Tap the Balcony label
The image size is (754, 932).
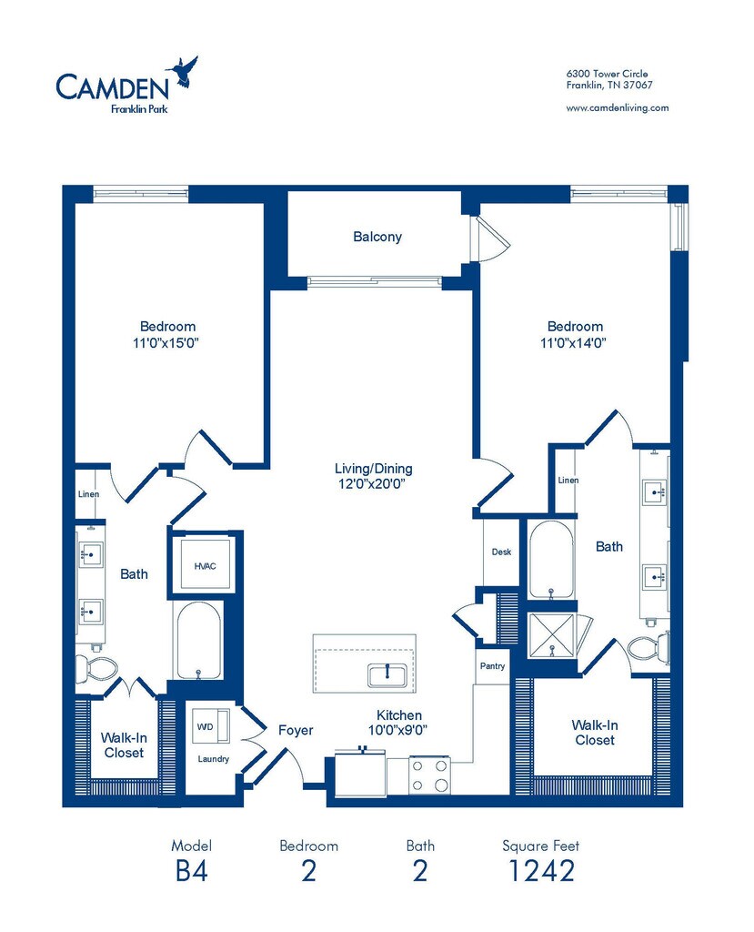377,237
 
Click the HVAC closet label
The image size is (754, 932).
205,566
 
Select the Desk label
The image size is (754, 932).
501,552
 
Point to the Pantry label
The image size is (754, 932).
493,666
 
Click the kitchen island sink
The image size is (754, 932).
387,675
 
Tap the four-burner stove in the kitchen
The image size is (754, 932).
429,775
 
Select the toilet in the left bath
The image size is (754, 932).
96,667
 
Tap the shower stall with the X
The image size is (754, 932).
552,635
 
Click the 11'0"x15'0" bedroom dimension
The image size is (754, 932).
166,343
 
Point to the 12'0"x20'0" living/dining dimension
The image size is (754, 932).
372,484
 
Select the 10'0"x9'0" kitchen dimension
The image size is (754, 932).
398,730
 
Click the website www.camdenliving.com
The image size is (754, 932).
618,108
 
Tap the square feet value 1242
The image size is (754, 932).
541,871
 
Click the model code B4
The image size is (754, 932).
191,871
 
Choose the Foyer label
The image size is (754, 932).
296,731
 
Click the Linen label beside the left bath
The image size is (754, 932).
88,494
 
